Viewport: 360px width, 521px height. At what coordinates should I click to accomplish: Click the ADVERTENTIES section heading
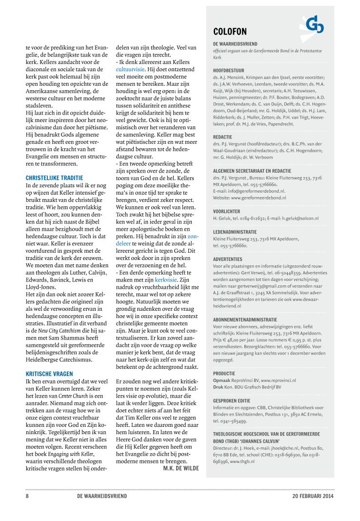tap(228, 259)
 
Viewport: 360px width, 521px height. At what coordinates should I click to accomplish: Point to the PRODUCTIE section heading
tap(225, 373)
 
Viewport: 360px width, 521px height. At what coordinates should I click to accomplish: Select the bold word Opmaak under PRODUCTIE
tap(221, 380)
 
